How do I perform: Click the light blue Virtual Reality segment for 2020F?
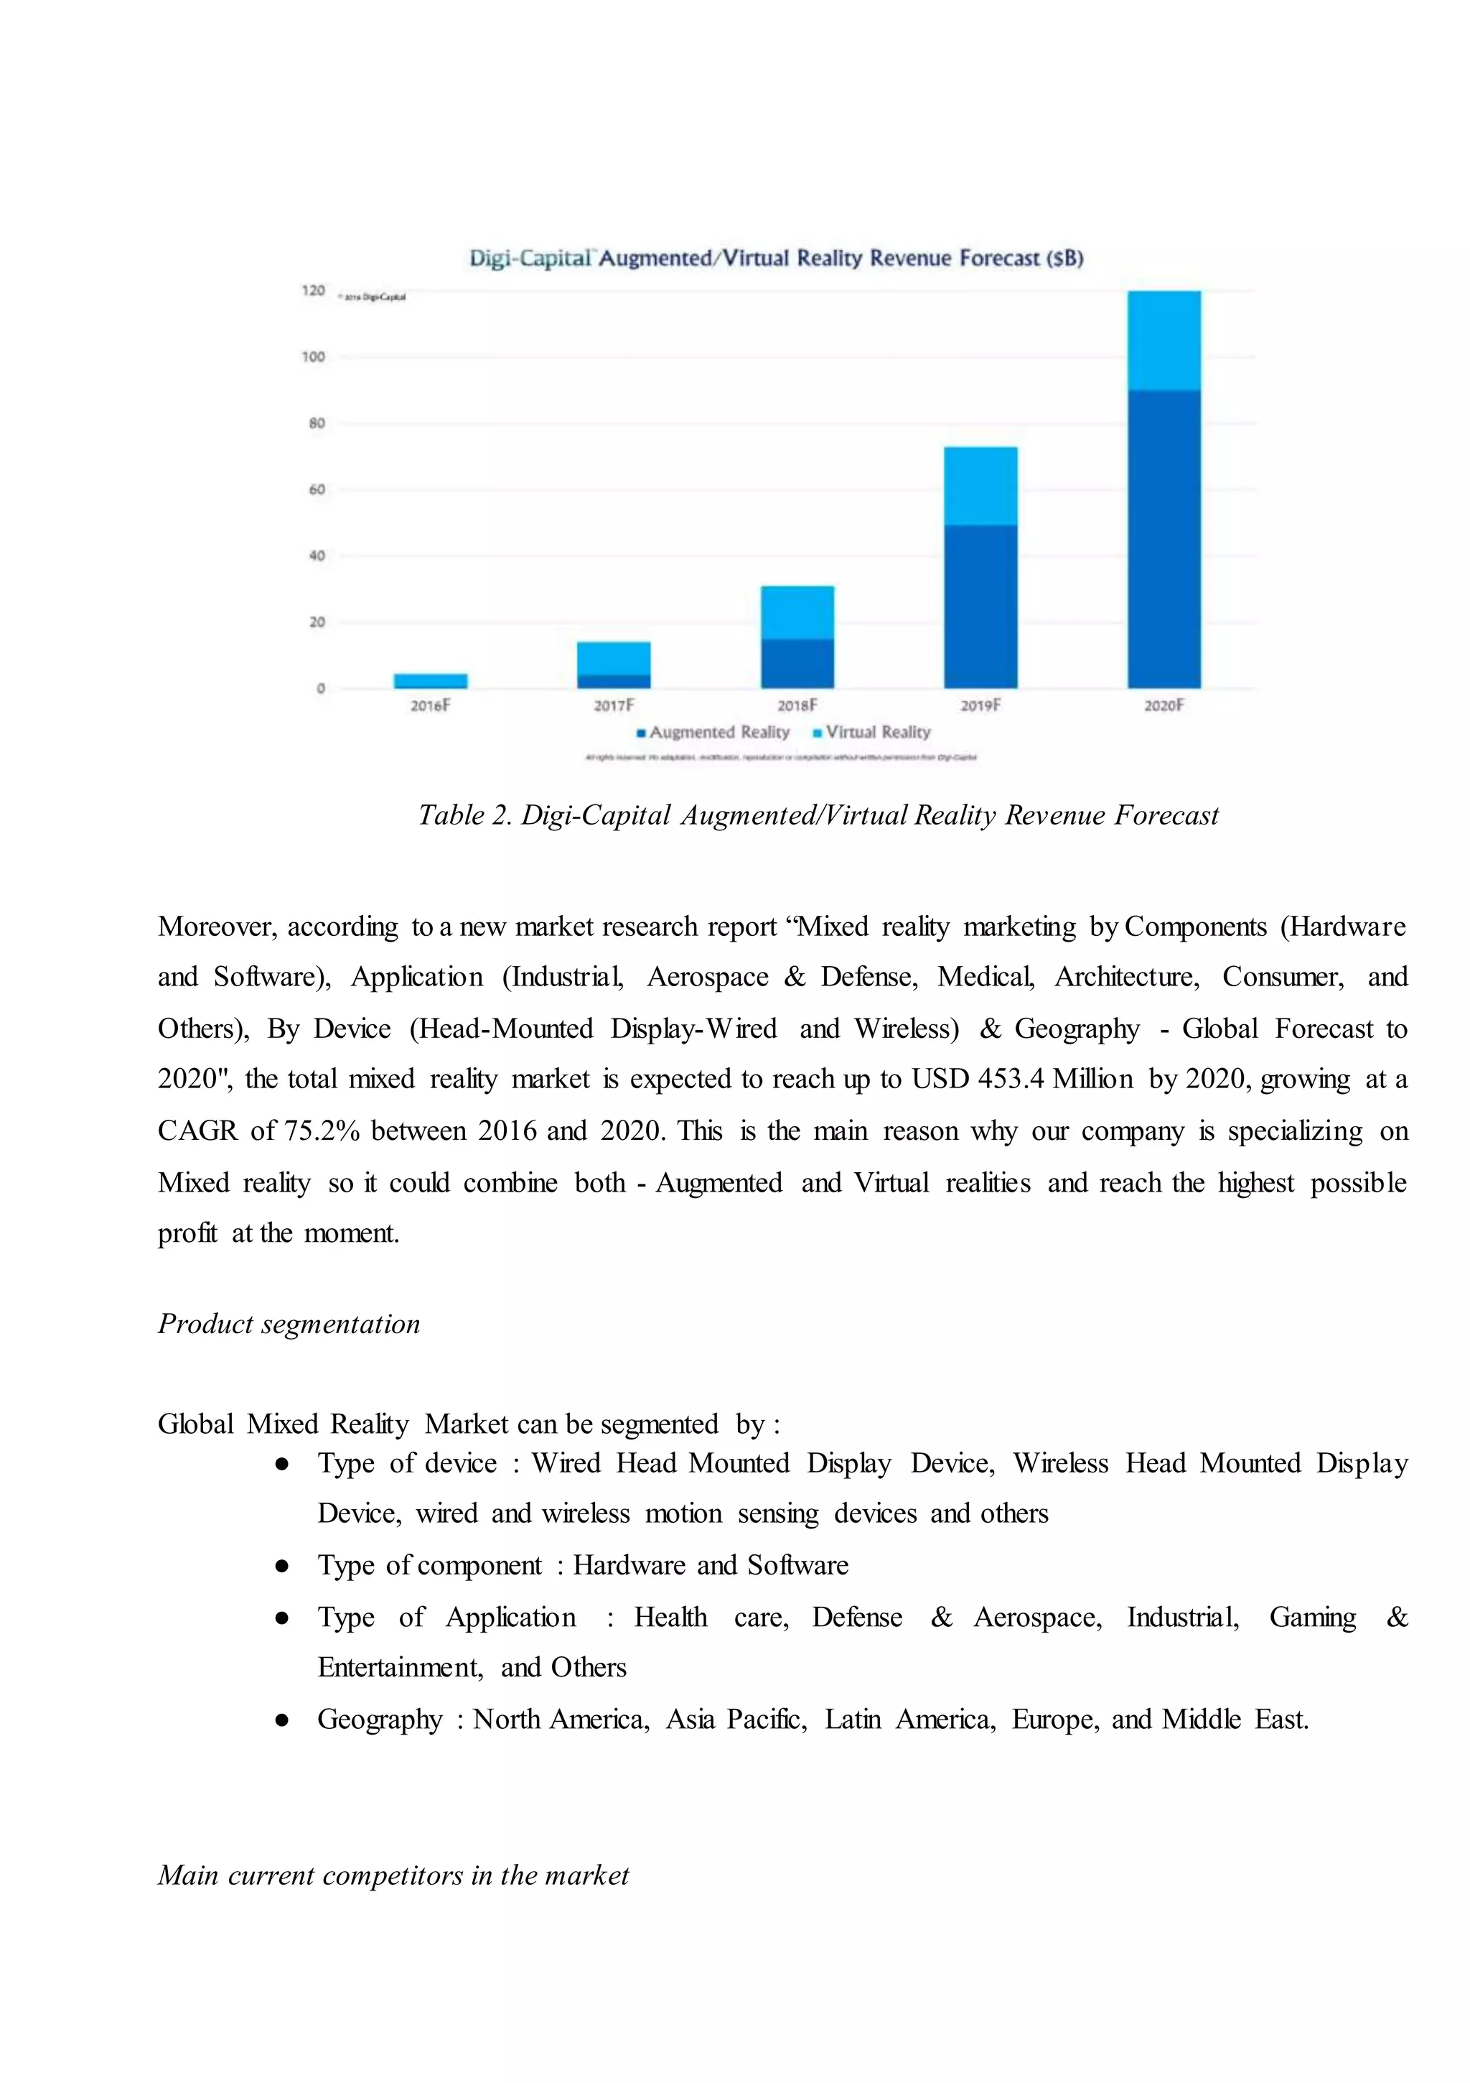(x=1164, y=340)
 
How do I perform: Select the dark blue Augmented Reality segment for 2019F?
(x=980, y=606)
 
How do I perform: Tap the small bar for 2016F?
(x=430, y=680)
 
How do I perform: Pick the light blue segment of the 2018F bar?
(x=797, y=613)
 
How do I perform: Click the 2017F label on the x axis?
(x=614, y=705)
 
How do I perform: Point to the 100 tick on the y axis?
(x=314, y=356)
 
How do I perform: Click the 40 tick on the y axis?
(x=317, y=555)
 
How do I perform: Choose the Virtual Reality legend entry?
(x=871, y=732)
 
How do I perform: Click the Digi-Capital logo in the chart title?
(x=530, y=259)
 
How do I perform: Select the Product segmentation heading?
(x=289, y=1324)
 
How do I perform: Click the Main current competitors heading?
(x=393, y=1875)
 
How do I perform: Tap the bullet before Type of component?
(x=282, y=1566)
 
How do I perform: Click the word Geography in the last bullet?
(x=379, y=1720)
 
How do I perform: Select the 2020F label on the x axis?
(x=1164, y=705)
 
